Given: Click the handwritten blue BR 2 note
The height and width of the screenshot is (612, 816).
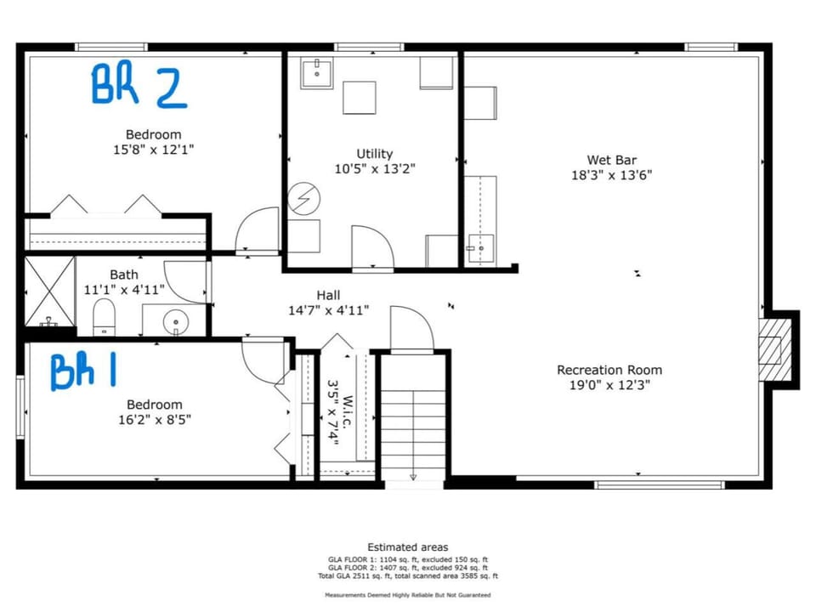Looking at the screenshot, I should pos(139,86).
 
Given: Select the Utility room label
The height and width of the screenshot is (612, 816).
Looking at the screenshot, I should pos(374,154).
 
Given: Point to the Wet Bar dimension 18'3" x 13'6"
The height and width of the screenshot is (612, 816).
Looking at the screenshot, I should pos(611,176).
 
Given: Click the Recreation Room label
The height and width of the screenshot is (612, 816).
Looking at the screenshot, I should pos(609,370).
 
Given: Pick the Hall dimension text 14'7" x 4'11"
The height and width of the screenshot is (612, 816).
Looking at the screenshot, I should pos(328,310).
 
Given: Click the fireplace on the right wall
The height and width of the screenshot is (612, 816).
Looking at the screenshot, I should pos(773,349).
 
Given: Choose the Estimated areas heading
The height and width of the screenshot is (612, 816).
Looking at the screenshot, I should pos(407,547).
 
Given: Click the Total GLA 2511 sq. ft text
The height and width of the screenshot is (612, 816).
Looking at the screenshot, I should pos(407,576).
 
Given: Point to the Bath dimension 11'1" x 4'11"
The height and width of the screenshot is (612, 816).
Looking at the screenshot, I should pos(123,290).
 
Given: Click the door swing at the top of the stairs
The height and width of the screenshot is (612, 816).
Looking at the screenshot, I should pos(411,330).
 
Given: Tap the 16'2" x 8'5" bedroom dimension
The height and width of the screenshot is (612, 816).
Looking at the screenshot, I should pos(154,419).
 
